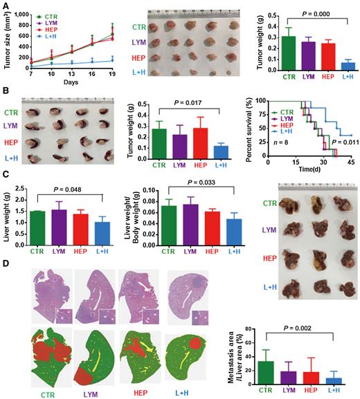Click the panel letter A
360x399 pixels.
(x=5, y=5)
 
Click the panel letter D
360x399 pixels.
(x=6, y=263)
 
